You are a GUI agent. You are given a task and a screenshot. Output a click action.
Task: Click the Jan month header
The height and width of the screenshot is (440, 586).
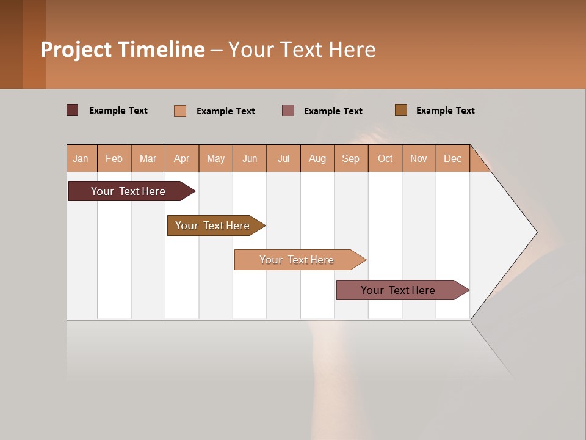point(81,158)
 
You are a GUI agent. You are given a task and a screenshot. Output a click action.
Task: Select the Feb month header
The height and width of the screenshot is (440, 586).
point(114,158)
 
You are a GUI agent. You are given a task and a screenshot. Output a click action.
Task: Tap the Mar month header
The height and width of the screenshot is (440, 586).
point(148,158)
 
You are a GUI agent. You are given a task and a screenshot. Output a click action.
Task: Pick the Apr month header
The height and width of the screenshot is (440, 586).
point(182,158)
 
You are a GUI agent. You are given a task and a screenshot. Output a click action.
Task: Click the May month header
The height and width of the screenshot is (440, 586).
point(215,158)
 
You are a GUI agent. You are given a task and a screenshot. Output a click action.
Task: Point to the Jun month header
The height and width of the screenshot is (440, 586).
point(250,158)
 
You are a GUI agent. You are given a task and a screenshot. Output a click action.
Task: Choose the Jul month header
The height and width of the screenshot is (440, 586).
point(283,158)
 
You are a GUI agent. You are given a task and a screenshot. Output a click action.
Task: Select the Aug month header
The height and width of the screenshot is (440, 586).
point(317,158)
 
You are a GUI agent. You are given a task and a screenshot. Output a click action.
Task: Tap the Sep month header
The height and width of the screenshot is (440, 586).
point(351,158)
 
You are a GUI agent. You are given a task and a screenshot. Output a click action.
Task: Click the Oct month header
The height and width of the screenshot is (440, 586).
point(385,158)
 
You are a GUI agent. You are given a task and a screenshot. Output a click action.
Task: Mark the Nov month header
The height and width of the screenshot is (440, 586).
point(419,158)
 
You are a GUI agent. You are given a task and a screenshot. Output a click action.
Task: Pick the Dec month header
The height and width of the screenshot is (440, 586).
point(453,158)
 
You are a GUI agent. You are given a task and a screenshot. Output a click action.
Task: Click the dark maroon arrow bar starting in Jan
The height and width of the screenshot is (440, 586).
point(129,191)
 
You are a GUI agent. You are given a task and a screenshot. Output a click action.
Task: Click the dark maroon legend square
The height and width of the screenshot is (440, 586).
point(73,110)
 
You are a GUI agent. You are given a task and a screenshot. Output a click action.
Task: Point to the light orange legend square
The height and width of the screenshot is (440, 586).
point(180,111)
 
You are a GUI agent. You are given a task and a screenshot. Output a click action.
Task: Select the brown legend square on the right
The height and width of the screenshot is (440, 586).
point(401,110)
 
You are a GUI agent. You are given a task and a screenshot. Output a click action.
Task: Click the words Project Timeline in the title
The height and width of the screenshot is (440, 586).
point(123,50)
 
